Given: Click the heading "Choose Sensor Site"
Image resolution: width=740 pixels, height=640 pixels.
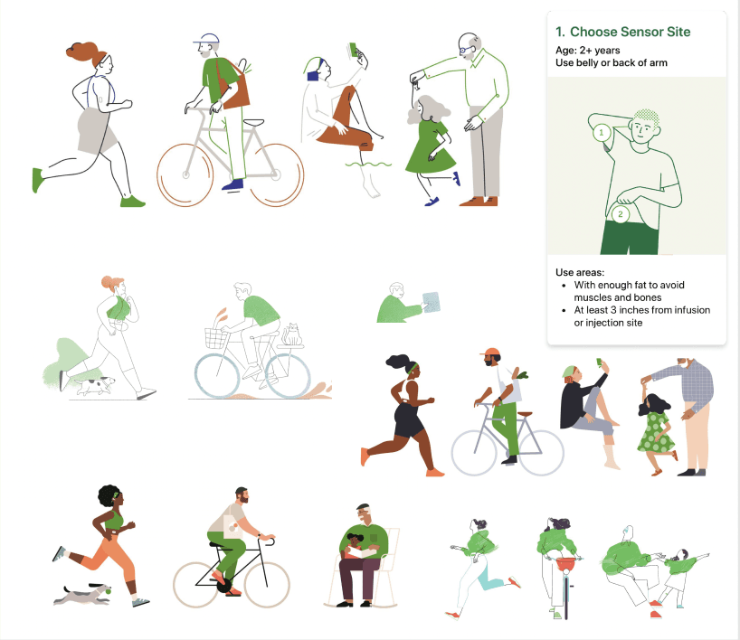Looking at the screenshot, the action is (x=630, y=32).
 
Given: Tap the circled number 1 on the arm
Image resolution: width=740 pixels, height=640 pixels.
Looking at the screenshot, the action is (x=602, y=133).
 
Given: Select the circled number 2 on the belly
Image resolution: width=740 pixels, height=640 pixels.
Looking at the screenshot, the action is (x=620, y=214).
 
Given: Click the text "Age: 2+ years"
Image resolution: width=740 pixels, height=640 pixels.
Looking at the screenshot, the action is (x=587, y=50).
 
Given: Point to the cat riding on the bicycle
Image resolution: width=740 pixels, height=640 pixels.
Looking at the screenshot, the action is (x=291, y=334).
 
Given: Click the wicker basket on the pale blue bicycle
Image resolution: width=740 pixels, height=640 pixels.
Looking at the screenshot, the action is (x=216, y=338).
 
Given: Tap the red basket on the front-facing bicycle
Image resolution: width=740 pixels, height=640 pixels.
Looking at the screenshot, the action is (x=565, y=565).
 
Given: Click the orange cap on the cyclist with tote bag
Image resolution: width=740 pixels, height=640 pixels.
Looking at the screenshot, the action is (x=490, y=353).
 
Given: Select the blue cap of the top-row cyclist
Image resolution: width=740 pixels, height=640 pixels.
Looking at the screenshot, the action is (x=207, y=38).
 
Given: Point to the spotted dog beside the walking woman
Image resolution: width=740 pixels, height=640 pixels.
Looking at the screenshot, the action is (x=96, y=385).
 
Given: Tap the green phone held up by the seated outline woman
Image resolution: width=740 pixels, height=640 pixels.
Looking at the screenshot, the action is (x=354, y=50).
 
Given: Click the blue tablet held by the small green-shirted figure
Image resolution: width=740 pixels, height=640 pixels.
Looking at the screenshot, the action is (x=432, y=302).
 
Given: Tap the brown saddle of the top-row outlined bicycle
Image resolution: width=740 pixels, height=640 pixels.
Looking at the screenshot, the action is (x=254, y=122).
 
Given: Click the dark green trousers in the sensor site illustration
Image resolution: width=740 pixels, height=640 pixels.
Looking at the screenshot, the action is (x=630, y=237).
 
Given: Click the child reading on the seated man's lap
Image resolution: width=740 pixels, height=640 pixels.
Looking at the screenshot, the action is (x=356, y=546).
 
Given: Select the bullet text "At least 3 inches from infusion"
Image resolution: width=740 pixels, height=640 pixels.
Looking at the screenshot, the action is (x=641, y=310).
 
